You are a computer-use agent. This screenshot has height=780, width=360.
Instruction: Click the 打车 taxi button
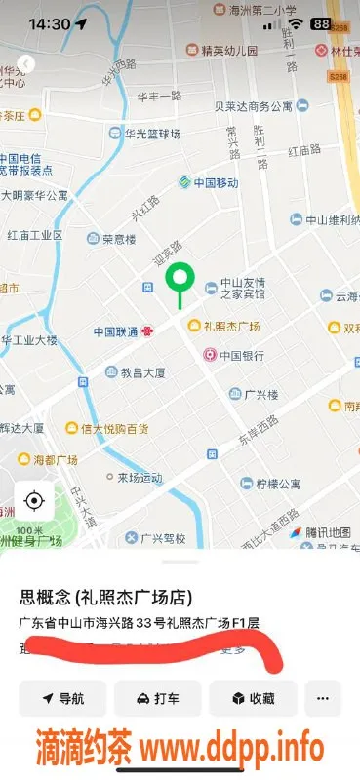tap(157, 698)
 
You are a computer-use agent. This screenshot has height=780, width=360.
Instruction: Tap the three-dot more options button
tap(323, 698)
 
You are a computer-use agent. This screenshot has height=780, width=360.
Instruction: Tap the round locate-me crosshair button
tap(34, 501)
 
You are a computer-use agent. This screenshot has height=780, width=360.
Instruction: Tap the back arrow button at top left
tap(26, 63)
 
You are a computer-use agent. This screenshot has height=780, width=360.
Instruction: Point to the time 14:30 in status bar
tap(49, 23)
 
